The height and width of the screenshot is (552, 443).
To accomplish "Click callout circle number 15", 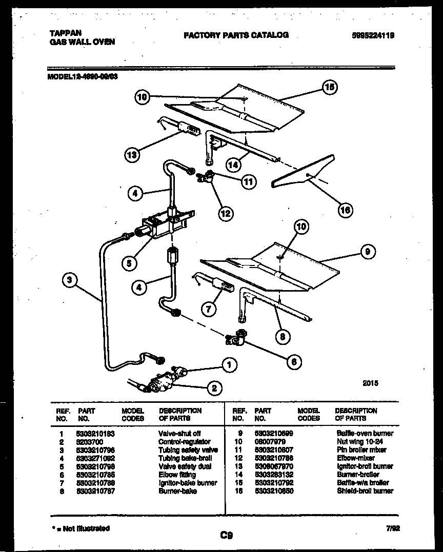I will [x=329, y=88].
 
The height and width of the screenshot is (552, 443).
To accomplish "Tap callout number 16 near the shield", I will [x=346, y=209].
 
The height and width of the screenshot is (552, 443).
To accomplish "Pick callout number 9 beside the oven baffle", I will [x=367, y=252].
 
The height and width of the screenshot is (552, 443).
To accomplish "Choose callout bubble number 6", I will [x=293, y=362].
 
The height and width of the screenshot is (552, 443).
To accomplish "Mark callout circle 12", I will [x=225, y=213].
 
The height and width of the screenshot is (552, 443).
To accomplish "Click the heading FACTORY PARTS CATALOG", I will [x=235, y=35].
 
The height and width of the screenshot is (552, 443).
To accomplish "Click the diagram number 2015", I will [x=370, y=382].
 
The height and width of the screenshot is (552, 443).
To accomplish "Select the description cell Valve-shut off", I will [x=179, y=433].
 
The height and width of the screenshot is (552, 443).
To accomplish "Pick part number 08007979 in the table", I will [x=270, y=441].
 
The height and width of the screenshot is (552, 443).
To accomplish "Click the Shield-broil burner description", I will [x=365, y=490].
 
